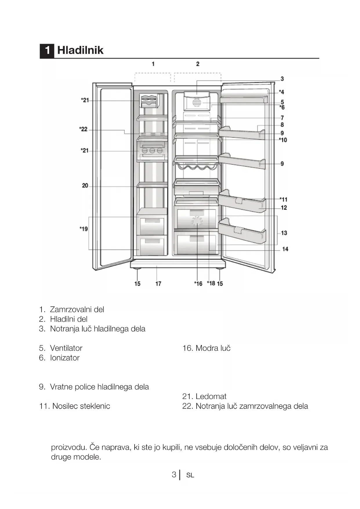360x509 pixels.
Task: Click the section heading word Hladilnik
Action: [80, 50]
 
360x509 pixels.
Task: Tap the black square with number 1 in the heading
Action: [47, 50]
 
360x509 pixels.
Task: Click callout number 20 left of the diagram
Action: [85, 185]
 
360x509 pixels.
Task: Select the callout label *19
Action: [84, 229]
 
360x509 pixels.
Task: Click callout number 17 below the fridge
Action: [158, 284]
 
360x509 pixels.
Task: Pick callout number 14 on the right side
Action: [285, 249]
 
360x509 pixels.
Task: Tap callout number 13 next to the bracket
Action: [284, 233]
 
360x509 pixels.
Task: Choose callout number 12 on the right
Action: [284, 207]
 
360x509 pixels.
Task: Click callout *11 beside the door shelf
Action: [283, 199]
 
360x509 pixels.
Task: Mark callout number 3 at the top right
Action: [282, 79]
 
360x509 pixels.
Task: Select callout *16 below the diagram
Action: [198, 284]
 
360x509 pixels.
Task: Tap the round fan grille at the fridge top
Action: [196, 103]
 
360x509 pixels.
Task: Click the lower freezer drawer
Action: [152, 245]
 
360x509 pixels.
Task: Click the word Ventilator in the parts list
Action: [66, 348]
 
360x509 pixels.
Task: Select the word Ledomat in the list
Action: [211, 396]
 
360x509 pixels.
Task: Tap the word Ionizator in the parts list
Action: [65, 358]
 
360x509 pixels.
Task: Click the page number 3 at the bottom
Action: [174, 474]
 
